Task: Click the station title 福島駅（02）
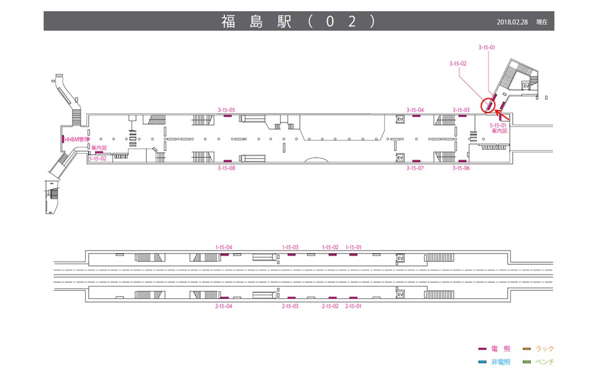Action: coord(299,21)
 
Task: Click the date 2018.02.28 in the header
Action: coord(512,22)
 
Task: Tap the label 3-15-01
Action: coord(487,48)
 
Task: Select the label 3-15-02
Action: coord(458,63)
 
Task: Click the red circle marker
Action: coord(488,106)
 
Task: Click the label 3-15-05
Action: coord(226,110)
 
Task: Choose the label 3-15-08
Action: coord(226,168)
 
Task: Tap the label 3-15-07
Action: coord(415,168)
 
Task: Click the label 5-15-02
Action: coord(97,158)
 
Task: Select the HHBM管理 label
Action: coord(76,140)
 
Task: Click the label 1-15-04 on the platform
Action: coord(224,247)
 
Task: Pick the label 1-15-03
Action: coord(290,247)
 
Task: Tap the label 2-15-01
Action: coord(353,306)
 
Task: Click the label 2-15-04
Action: coord(223,306)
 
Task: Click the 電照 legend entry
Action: coord(495,349)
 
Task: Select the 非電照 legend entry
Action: coord(495,362)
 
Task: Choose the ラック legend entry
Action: coord(538,349)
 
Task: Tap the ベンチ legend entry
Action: coord(538,362)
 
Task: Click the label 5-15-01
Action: coord(498,125)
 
